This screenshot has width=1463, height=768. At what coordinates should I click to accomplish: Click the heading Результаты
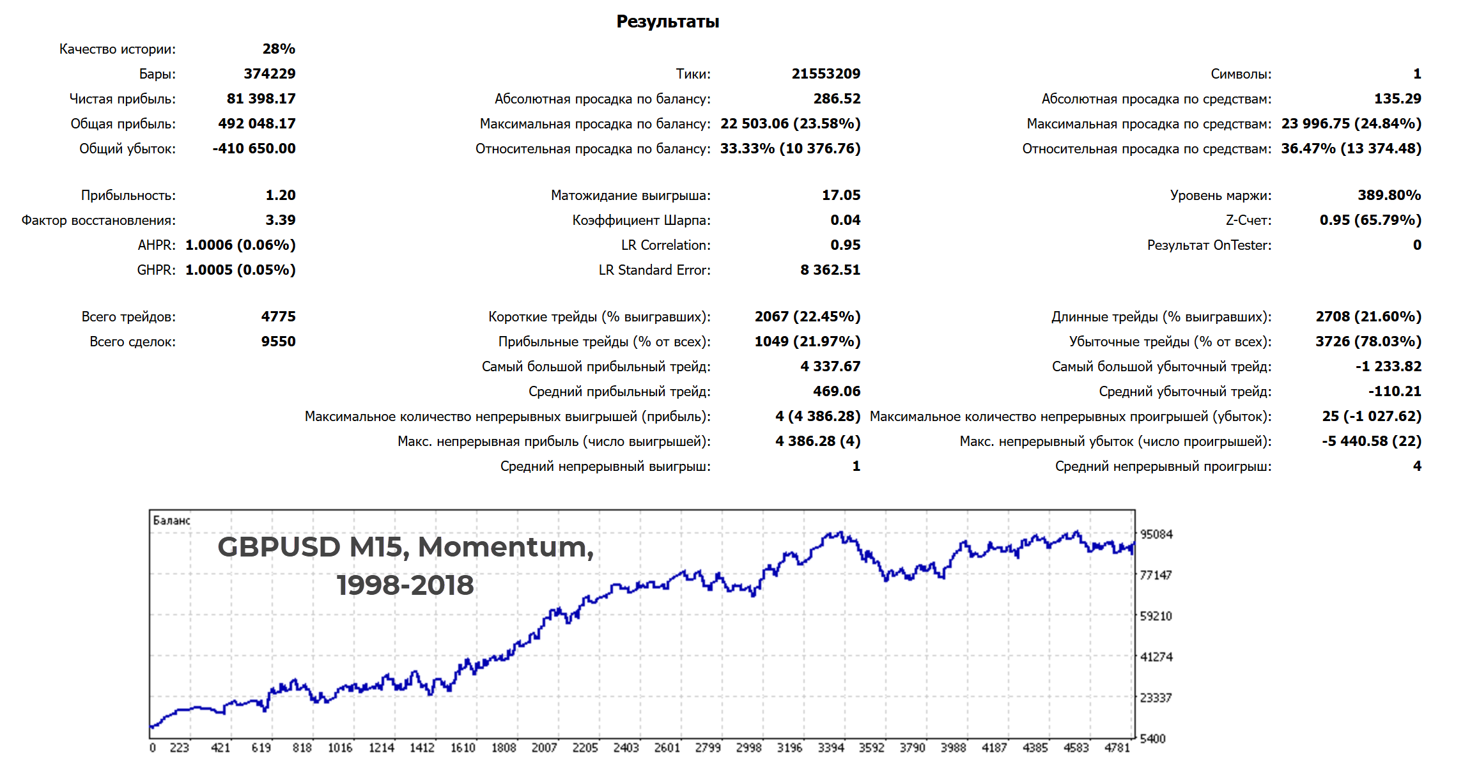coord(667,22)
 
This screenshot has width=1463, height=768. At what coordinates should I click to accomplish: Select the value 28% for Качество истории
coord(279,49)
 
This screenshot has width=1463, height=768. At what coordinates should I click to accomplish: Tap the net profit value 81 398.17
coord(261,99)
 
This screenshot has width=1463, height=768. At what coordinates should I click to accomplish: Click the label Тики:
coord(693,74)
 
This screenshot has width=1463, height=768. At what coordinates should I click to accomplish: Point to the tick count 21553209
coord(826,74)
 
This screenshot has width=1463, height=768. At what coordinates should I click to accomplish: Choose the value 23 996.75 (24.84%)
coord(1351,124)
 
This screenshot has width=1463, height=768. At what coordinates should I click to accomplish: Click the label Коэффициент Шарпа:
coord(641,220)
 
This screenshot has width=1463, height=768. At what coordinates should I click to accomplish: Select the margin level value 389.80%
coord(1389,196)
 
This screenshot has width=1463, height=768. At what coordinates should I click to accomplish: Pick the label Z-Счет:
coord(1248,220)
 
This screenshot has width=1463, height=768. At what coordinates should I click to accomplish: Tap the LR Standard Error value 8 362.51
coord(830,270)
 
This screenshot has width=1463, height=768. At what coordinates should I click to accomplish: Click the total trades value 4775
coord(278,317)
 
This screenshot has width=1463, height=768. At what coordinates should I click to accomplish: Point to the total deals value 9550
coord(278,342)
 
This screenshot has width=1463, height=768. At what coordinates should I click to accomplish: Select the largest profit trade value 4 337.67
coord(830,367)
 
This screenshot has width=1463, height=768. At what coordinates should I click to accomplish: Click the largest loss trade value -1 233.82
coord(1388,367)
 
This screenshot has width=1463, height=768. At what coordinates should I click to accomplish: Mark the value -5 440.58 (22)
coord(1372,442)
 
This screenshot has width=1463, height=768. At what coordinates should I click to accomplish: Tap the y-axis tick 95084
coord(1156,535)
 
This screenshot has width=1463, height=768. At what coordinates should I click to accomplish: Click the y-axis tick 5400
coord(1152,739)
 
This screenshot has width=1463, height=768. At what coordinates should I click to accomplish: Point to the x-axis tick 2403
coord(626,748)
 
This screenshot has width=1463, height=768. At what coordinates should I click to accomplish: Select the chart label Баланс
coord(171,521)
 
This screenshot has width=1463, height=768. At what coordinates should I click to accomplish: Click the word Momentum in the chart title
coord(505,548)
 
